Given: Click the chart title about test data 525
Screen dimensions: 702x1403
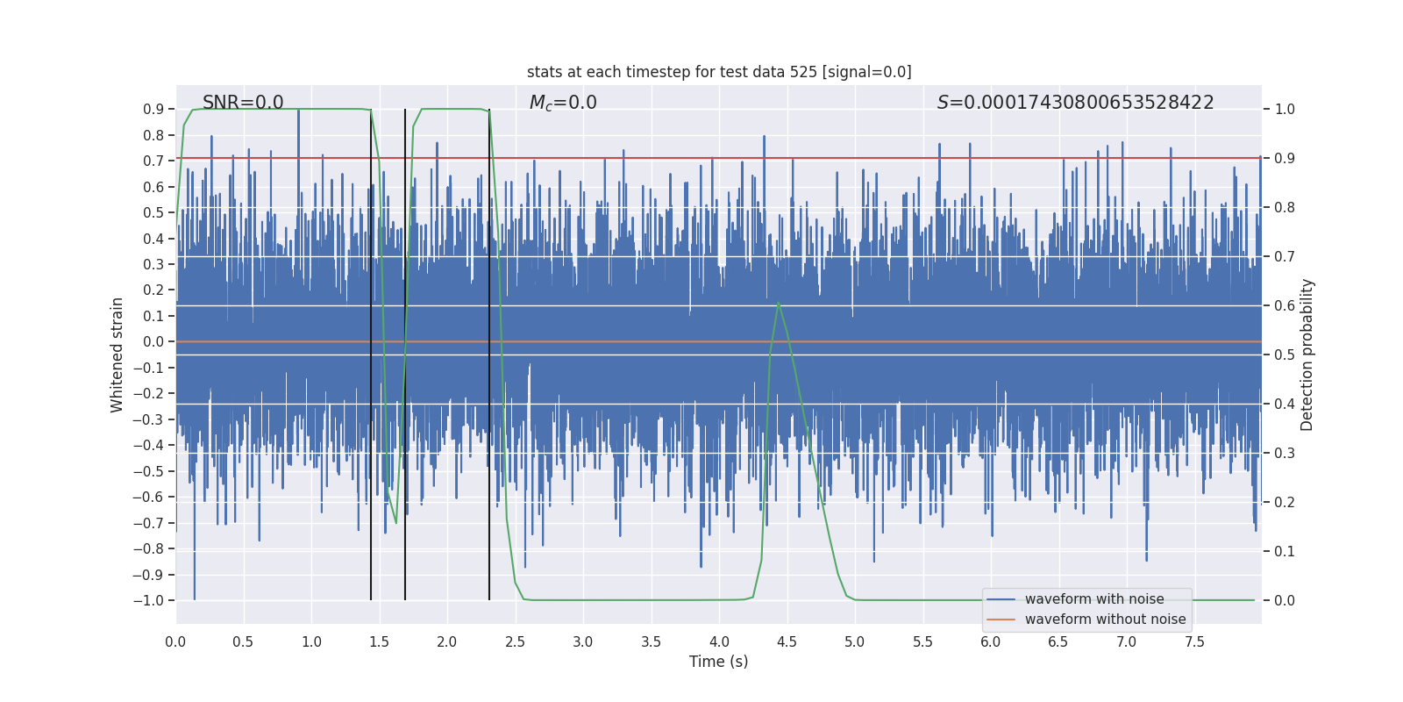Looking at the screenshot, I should pos(719,72).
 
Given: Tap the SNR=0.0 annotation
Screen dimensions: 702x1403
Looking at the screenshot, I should pos(243,103).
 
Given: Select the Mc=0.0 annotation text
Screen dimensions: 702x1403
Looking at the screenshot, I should pos(563,103).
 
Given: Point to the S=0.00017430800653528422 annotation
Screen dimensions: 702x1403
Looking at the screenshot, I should pos(1075,103).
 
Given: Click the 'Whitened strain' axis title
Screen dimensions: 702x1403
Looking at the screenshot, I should pos(118,355).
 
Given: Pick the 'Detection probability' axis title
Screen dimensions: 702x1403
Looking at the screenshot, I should pos(1307,355).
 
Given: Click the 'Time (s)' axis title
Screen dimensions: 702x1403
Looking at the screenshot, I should pos(718,662).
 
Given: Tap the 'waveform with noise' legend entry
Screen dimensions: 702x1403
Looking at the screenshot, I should pos(1094,599).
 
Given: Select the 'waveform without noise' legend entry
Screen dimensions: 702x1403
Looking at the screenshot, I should pos(1105,620).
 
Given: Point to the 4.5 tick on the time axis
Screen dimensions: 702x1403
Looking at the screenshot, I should pos(787,641).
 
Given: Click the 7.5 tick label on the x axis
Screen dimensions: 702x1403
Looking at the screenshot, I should pos(1194,641).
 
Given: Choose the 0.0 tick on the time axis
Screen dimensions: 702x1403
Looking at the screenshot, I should pos(175,641).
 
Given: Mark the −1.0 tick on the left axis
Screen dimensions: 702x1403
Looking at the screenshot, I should pos(148,600).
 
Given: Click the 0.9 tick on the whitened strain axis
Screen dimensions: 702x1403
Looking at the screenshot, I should pos(153,110).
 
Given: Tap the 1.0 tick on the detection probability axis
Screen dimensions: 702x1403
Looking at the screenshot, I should pos(1285,110).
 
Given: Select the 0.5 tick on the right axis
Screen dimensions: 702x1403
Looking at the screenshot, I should pos(1285,355).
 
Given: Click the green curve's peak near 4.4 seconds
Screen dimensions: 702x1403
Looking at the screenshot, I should pos(779,303).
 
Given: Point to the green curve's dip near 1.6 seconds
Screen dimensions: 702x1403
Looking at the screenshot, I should pos(395,523).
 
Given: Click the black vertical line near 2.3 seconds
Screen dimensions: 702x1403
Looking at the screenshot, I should pos(489,351).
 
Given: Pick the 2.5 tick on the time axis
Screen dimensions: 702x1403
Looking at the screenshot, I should pos(515,641).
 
